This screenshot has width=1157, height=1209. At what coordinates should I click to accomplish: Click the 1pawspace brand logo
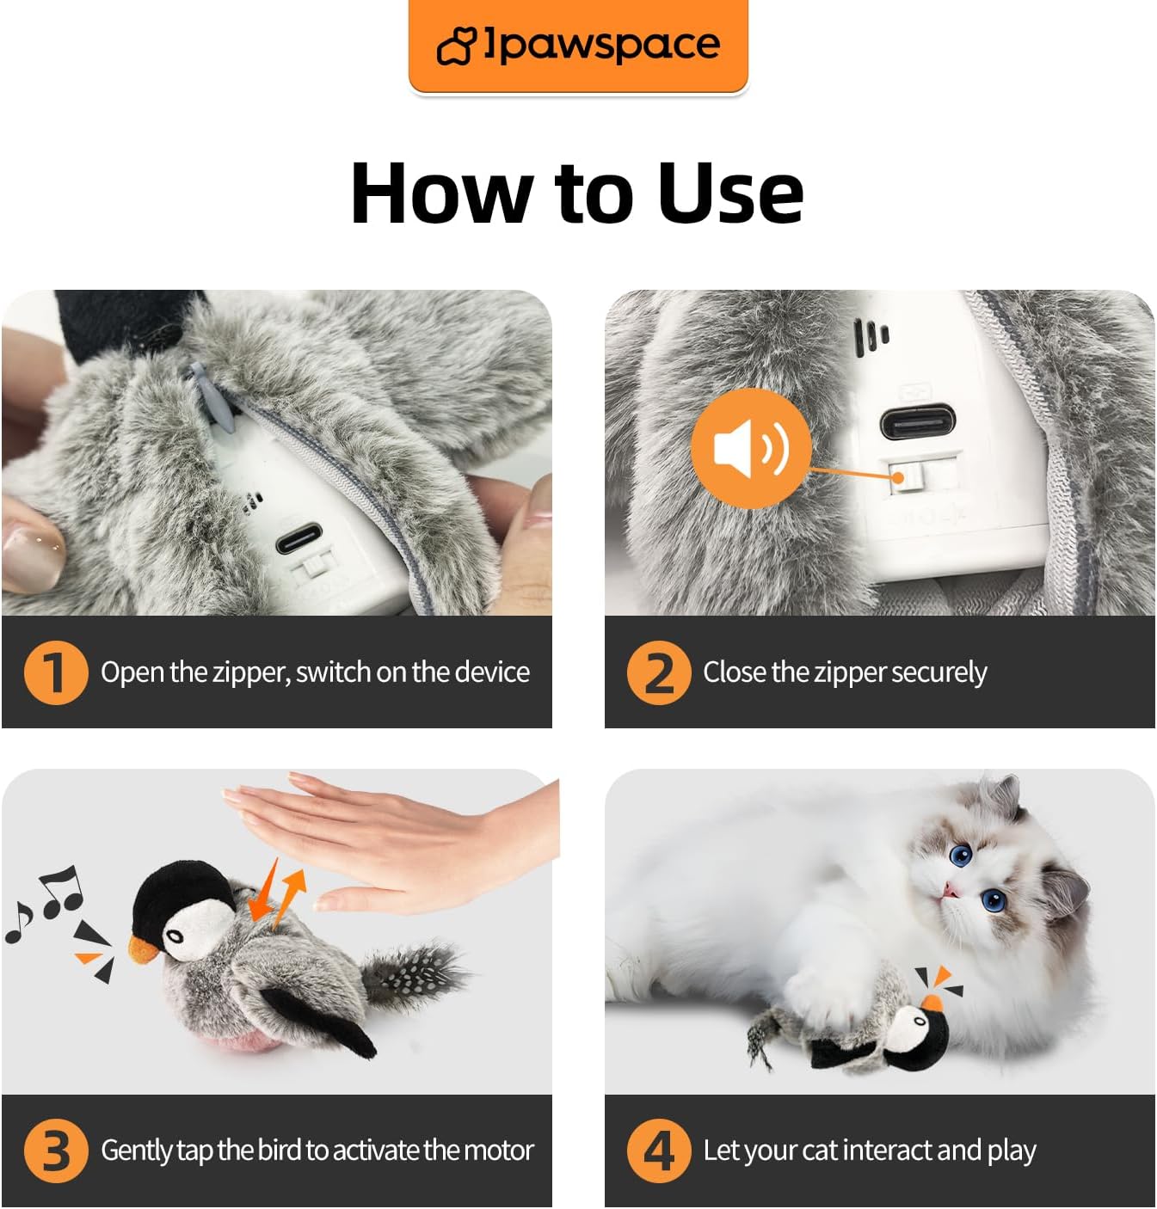click(578, 45)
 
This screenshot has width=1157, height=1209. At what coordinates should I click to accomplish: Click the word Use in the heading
click(729, 193)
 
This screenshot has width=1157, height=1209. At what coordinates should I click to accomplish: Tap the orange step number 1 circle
click(55, 672)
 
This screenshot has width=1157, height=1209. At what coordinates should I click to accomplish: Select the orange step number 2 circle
click(658, 672)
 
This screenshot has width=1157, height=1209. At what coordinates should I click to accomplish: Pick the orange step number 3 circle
click(55, 1151)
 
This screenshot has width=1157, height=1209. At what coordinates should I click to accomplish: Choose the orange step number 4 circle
click(658, 1151)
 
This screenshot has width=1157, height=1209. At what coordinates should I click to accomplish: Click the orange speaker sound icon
click(750, 447)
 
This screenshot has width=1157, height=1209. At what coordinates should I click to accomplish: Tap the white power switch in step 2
click(900, 477)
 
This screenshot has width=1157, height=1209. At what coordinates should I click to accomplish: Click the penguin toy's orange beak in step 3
click(143, 948)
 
